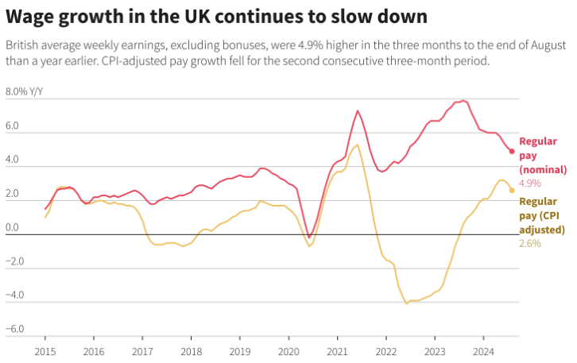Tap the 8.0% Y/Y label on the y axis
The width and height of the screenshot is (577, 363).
tap(25, 91)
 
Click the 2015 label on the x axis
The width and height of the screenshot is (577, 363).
tap(45, 350)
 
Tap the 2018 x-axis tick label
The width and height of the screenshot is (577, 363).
tap(191, 350)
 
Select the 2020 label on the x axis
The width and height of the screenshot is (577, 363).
tap(288, 350)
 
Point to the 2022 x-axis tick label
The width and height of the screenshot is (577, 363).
tap(386, 350)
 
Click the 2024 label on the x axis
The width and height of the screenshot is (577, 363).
tap(483, 350)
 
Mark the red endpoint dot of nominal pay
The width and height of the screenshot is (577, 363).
tap(512, 151)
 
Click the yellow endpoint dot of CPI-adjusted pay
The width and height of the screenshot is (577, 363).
tap(512, 191)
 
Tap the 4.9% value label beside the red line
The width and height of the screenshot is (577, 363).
tap(530, 183)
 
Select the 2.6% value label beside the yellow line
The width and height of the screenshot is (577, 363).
tap(530, 243)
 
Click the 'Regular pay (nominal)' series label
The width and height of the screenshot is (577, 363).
tap(543, 155)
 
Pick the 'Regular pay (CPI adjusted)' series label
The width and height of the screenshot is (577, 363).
tap(543, 214)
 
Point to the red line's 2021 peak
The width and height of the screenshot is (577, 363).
tap(358, 110)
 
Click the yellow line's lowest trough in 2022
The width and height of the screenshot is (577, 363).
tap(406, 303)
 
